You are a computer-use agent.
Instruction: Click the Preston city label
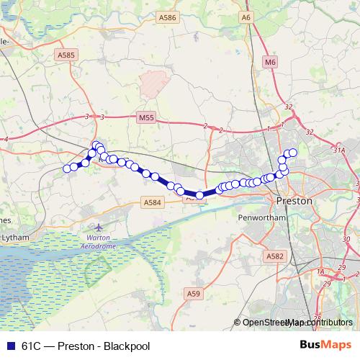(294, 201)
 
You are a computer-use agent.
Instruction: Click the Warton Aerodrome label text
(101, 241)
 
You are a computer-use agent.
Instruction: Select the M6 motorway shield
(270, 63)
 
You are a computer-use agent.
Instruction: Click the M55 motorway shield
(146, 116)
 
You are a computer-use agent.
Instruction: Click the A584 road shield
(153, 203)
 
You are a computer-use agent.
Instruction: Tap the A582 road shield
(274, 256)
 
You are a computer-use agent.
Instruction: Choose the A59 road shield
(193, 293)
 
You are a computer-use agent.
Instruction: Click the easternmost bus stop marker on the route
(293, 152)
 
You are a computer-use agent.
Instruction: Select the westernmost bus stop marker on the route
(67, 168)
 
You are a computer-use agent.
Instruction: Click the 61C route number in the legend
(32, 346)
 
